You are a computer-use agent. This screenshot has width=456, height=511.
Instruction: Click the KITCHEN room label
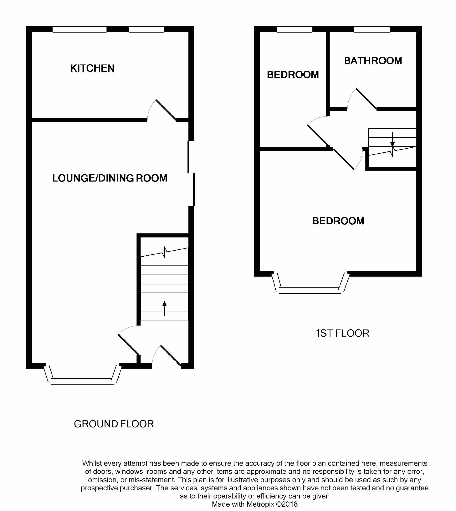point(92,68)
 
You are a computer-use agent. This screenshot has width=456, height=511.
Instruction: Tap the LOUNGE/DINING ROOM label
point(110,178)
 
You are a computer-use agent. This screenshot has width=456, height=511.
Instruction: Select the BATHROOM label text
point(373,61)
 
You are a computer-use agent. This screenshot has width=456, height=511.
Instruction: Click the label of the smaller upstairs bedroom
point(293,75)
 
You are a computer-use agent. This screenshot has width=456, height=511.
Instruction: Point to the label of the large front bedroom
point(338,221)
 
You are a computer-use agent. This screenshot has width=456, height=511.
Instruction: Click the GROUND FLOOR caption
point(114,424)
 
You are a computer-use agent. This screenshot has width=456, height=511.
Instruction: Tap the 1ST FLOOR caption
point(342,333)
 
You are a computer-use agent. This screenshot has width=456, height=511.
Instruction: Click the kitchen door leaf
point(166,110)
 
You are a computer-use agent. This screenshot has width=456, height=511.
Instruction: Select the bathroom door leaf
point(366,99)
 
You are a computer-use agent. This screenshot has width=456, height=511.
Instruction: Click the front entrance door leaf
point(171,356)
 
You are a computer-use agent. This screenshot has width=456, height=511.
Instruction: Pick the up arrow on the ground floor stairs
point(165,308)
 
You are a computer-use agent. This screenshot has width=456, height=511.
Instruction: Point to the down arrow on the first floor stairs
point(392,140)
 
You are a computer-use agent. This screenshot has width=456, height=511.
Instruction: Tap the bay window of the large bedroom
point(311,283)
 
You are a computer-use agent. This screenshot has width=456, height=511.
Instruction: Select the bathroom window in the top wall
point(372,29)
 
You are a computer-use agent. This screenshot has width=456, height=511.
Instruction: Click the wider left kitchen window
point(79,29)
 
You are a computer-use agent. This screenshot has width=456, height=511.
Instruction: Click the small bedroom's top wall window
point(294,29)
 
